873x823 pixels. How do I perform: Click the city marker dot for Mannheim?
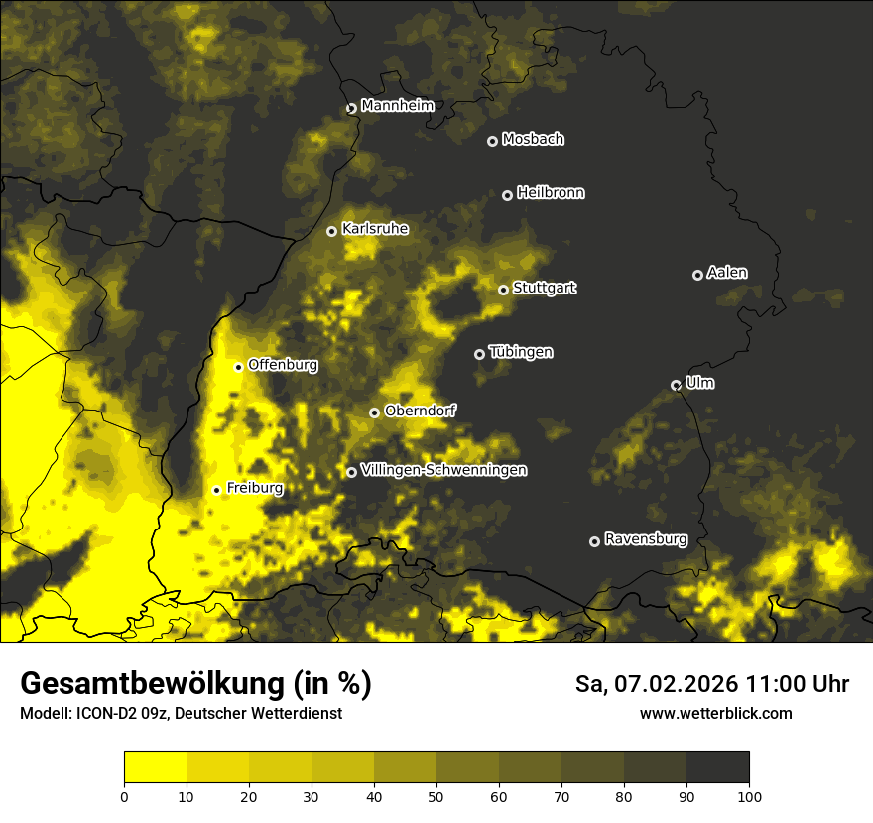coord(351,109)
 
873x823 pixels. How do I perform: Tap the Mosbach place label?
coord(533,140)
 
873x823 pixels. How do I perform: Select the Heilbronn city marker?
coord(507,195)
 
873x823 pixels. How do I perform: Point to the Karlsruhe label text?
coord(375,229)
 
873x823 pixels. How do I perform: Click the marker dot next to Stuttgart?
coord(503,290)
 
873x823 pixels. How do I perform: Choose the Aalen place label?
coord(727,273)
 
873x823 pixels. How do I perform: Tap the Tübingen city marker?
coord(479,354)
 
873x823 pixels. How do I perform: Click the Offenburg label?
coord(283,365)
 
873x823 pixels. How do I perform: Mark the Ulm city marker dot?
coord(676,385)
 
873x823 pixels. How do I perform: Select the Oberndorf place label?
coord(421,411)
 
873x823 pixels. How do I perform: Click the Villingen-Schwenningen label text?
coord(444,470)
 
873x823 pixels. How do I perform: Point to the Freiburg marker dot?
coord(216,490)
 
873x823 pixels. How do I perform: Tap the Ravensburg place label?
coord(646,539)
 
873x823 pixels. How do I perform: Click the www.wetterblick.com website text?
coord(716,713)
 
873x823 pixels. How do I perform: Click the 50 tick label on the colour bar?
coord(436,795)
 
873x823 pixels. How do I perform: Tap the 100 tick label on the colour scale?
coord(749,795)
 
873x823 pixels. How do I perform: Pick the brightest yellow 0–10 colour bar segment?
coord(155,767)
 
